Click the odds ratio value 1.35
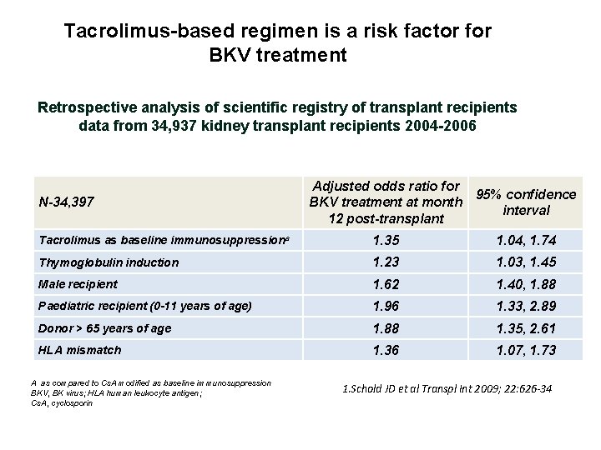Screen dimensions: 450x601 pos(386,241)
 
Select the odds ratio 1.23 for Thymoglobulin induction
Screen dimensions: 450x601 pos(386,262)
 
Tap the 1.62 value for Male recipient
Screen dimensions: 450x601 pos(386,285)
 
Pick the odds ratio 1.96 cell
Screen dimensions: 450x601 pos(386,307)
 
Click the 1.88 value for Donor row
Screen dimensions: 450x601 pos(386,328)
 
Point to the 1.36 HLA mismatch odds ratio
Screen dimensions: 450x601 pos(386,350)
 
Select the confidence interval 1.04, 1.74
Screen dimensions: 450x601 pos(526,241)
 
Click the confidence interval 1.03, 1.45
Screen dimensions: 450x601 pos(526,262)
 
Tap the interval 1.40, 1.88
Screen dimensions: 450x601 pos(526,285)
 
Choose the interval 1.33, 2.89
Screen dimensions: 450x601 pos(526,307)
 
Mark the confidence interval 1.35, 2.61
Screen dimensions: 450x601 pos(526,328)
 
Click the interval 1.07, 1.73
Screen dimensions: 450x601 pos(526,350)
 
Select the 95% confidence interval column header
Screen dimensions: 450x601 pos(526,202)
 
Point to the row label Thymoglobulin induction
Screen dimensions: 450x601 pos(109,262)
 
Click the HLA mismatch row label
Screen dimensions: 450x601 pos(80,350)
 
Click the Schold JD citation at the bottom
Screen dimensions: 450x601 pos(448,388)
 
